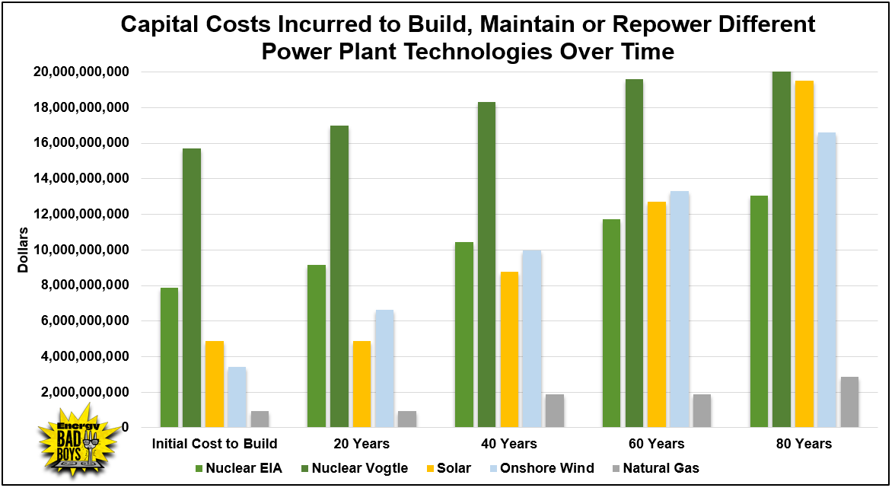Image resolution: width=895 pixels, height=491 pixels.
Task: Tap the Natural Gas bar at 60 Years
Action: pyautogui.click(x=702, y=411)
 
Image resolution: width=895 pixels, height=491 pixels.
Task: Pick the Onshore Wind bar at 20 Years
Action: pyautogui.click(x=384, y=368)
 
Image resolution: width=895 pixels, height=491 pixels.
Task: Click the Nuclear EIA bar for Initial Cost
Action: pyautogui.click(x=169, y=358)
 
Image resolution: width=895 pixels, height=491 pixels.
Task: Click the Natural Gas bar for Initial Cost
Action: pyautogui.click(x=260, y=419)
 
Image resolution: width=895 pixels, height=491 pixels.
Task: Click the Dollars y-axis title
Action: pyautogui.click(x=23, y=250)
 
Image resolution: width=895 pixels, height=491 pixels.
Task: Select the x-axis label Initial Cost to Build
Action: pyautogui.click(x=215, y=444)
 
